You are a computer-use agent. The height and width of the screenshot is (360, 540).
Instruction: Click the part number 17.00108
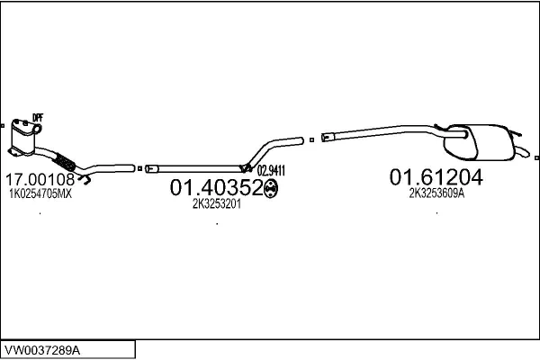[x=40, y=179]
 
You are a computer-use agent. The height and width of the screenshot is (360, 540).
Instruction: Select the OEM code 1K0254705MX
[x=40, y=194]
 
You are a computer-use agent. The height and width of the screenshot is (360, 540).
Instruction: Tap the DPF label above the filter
[x=38, y=118]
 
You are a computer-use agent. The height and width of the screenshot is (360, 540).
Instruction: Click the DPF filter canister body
[x=23, y=138]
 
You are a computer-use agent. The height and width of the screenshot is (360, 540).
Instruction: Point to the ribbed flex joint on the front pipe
[x=65, y=161]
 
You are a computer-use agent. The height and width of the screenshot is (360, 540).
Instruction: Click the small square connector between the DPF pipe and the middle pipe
[x=139, y=168]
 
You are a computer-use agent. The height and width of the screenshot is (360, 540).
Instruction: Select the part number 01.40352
[x=217, y=188]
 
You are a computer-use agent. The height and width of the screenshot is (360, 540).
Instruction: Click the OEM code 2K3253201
[x=217, y=204]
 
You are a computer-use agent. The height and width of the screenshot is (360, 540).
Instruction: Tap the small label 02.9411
[x=271, y=170]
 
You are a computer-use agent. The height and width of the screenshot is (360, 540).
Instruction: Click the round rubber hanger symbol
[x=271, y=188]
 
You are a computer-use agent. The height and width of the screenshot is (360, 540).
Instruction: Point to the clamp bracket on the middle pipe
[x=246, y=168]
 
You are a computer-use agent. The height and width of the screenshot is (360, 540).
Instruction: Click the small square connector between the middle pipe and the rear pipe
[x=311, y=139]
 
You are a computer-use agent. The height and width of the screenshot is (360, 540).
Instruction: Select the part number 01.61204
[x=436, y=177]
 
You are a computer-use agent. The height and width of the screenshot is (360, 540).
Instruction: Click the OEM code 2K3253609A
[x=436, y=193]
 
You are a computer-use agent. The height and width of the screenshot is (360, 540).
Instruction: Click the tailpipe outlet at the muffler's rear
[x=523, y=151]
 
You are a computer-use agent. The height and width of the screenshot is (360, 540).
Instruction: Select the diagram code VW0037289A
[x=42, y=350]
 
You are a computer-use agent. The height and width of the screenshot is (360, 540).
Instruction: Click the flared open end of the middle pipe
[x=151, y=169]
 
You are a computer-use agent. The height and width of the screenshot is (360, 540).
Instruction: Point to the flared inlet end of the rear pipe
[x=328, y=137]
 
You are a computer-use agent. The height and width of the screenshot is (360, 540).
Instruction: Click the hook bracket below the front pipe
[x=85, y=179]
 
